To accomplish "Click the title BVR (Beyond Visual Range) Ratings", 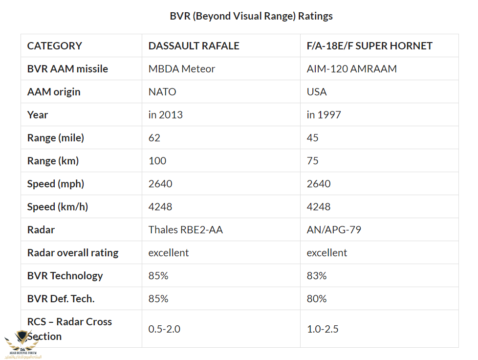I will [x=251, y=16].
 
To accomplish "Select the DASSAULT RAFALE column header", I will [x=194, y=46].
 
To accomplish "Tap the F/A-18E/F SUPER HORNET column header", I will [x=369, y=46].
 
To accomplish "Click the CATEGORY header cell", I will [x=55, y=46].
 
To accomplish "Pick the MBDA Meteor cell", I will [x=182, y=69].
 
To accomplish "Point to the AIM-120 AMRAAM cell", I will [x=351, y=69].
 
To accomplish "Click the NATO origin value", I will [x=162, y=92].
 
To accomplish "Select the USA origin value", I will [x=317, y=92].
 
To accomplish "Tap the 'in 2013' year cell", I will [x=166, y=115].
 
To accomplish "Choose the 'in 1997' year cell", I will [x=324, y=115].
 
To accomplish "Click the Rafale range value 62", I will [x=154, y=138].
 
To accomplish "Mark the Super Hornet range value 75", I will [x=313, y=161].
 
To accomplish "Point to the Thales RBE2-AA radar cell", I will [x=186, y=230].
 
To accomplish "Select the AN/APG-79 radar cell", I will [x=334, y=230].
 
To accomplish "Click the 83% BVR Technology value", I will [x=317, y=276].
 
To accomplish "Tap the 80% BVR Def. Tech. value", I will [x=317, y=299].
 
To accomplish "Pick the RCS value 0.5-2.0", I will [x=164, y=329].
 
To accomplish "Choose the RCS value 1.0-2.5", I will [x=323, y=329].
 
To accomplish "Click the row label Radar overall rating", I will [x=73, y=253].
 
